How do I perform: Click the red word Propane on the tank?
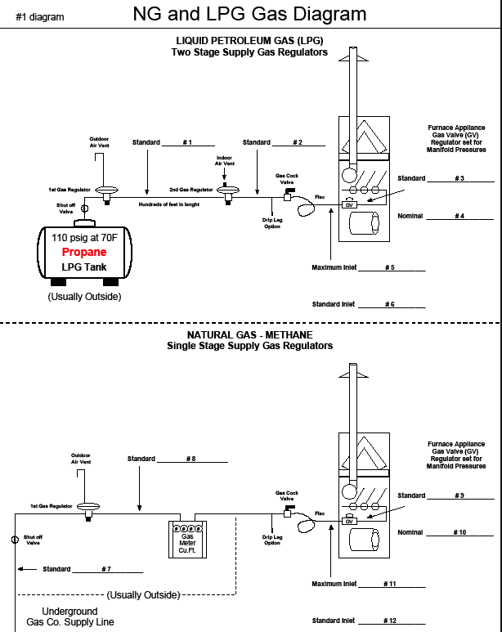pos(84,253)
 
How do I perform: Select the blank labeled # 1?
pos(187,143)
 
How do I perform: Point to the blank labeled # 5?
pos(392,267)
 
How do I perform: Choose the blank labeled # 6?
pos(392,304)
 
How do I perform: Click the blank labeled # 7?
pos(106,569)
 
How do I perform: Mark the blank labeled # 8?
pos(191,459)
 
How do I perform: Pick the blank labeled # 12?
pos(392,621)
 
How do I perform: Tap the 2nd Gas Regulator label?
pos(190,189)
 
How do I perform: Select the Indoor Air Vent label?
pos(224,160)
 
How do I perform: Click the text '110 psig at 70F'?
pos(84,238)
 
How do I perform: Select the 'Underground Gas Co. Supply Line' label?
pos(70,616)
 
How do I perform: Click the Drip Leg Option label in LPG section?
pos(272,223)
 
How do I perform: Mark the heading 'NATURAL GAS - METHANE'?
pos(249,335)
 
